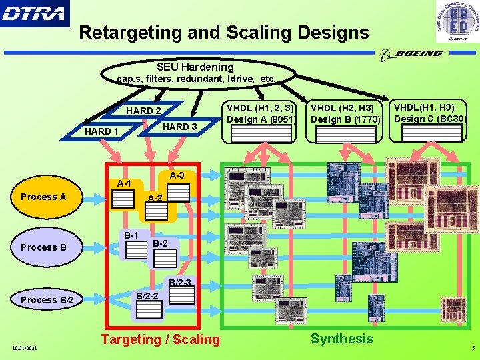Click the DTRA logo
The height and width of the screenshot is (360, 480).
tap(34, 13)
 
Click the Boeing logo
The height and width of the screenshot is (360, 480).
tap(411, 53)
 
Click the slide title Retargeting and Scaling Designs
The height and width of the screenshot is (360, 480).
tap(223, 32)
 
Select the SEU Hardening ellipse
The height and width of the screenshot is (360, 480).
tap(195, 73)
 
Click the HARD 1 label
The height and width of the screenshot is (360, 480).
tap(101, 131)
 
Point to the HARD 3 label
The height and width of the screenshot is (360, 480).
tap(179, 127)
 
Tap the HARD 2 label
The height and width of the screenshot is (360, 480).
tap(143, 111)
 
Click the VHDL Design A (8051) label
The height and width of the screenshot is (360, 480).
tap(261, 113)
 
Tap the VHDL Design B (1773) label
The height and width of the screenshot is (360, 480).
tap(345, 114)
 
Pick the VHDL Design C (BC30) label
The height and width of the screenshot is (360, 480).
tap(430, 113)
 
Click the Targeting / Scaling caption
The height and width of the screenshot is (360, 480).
tap(160, 339)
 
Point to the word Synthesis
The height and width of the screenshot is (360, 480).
tap(341, 339)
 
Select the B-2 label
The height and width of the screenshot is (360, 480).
tap(161, 243)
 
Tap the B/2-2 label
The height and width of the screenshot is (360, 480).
tap(147, 295)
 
